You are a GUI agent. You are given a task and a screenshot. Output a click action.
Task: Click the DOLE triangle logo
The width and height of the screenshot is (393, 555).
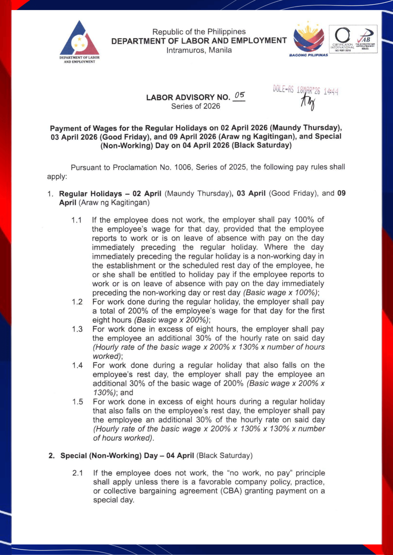coord(79,39)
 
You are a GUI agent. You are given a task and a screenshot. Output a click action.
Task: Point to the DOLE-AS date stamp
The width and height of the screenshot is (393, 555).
coord(305,90)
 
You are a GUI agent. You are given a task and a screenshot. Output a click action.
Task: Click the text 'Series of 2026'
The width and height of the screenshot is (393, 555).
coord(196,106)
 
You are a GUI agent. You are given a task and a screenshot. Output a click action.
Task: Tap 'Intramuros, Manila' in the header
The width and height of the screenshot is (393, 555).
coord(199,50)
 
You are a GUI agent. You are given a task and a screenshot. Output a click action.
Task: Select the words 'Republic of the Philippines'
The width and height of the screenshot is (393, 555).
coord(199,32)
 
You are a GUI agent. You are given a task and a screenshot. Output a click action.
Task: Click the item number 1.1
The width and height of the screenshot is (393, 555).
coord(76,220)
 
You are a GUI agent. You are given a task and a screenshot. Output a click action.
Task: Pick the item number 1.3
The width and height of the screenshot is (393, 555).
coord(77,329)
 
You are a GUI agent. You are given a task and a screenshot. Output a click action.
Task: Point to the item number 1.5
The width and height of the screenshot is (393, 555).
coord(78,402)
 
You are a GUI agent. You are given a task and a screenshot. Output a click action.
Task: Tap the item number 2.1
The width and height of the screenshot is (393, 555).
coord(78,473)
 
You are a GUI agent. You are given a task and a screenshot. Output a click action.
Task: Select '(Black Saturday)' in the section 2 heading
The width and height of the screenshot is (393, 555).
coord(224,456)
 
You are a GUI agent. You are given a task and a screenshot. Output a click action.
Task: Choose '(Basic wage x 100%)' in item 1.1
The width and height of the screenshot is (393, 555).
coord(281,293)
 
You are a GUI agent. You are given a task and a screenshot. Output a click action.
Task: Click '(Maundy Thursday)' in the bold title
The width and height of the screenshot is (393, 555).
coord(306,128)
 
